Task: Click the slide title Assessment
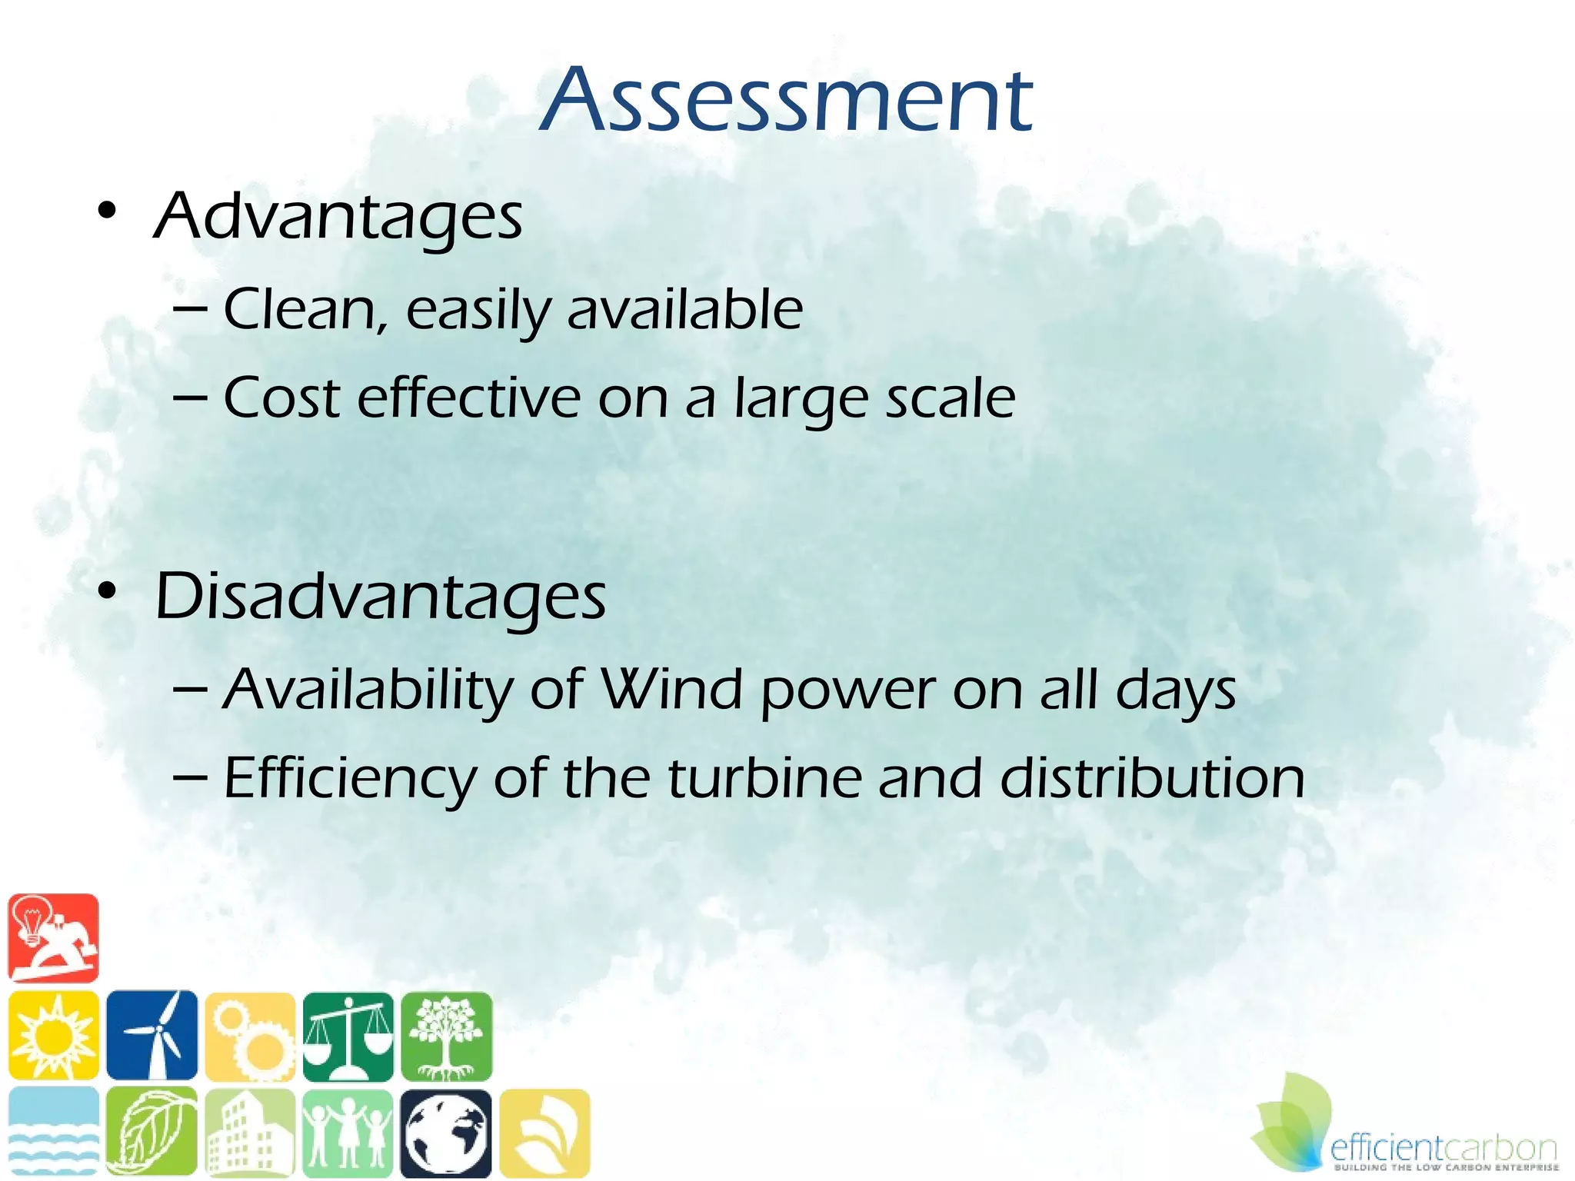coord(786,100)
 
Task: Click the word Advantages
coord(338,216)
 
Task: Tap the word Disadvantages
coord(380,597)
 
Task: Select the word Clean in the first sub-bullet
coord(299,309)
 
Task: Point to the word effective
coord(468,398)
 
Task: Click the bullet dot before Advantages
coord(107,210)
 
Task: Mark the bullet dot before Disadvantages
coord(107,590)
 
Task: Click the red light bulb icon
coord(53,938)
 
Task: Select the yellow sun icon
coord(53,1035)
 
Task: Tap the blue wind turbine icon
coord(152,1035)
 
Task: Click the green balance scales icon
coord(348,1035)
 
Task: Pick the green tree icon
coord(446,1035)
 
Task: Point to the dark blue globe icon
coord(446,1133)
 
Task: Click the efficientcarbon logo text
coord(1443,1149)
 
